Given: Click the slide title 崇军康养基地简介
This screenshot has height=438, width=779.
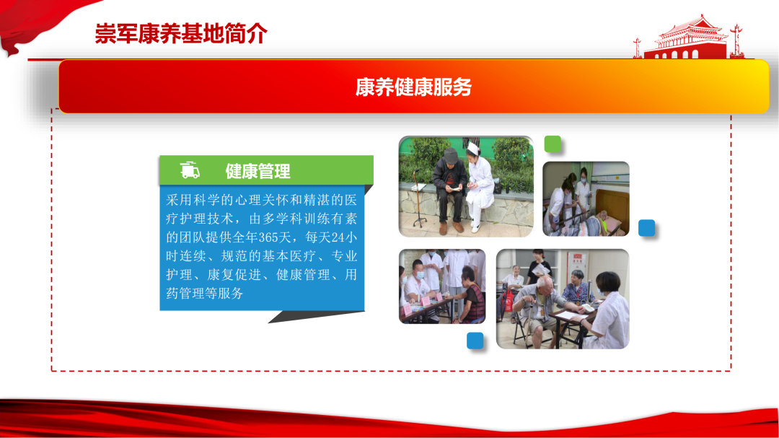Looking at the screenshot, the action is (181, 34).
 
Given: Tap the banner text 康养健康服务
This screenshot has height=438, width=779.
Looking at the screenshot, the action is (413, 87).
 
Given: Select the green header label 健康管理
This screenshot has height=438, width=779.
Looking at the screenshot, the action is (258, 172).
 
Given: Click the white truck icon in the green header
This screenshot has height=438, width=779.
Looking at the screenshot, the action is (190, 170).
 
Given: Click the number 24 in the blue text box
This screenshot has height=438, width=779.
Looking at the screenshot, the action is (338, 237).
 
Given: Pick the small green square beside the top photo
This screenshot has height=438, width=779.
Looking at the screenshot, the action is (553, 144).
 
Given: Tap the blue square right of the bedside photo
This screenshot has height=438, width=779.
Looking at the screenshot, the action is (646, 228).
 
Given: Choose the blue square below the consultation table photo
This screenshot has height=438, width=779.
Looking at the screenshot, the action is (475, 341).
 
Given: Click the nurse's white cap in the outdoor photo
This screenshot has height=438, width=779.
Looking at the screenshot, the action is (473, 149).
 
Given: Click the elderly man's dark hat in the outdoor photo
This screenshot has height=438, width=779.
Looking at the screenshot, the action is (451, 154).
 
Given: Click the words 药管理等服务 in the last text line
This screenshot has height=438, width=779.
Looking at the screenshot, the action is (204, 294).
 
